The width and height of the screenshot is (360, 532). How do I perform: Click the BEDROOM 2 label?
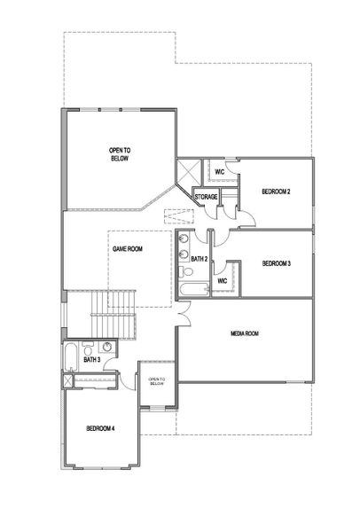click(x=276, y=192)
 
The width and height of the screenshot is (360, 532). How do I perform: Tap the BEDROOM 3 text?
click(x=276, y=263)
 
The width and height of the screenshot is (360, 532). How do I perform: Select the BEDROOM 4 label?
click(x=101, y=428)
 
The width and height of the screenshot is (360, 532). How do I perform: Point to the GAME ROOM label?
click(x=128, y=249)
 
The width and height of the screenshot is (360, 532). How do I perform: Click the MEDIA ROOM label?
click(x=244, y=333)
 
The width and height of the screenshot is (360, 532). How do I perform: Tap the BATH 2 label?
click(x=199, y=259)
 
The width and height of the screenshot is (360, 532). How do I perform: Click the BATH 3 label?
click(x=90, y=360)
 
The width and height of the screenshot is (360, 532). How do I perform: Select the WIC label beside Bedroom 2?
click(x=220, y=171)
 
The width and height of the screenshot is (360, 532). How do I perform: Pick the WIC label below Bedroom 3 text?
click(x=223, y=280)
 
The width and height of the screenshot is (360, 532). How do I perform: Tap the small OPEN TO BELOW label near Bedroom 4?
click(x=156, y=381)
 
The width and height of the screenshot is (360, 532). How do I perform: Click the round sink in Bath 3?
click(x=106, y=348)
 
